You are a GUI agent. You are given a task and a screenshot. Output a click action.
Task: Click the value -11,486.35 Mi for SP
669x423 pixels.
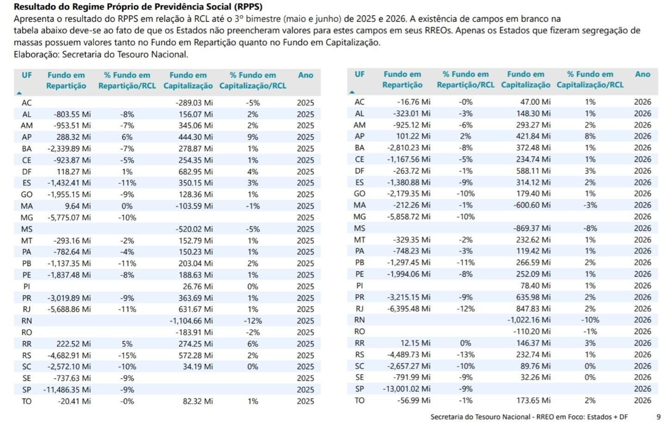(x=67, y=390)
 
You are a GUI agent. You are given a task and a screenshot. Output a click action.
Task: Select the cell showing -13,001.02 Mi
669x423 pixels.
(x=407, y=389)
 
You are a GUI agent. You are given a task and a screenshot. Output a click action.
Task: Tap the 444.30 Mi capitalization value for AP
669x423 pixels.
(x=196, y=137)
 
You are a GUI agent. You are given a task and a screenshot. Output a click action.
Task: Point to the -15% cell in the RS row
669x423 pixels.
(x=127, y=355)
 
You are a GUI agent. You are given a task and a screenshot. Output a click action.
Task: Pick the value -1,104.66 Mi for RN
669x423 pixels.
(x=192, y=321)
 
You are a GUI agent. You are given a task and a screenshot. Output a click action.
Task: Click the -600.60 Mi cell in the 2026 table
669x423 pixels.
(x=532, y=205)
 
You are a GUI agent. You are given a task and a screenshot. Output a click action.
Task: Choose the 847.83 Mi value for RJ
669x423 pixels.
(x=533, y=309)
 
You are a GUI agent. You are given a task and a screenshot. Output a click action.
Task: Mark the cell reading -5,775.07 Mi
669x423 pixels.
(x=69, y=218)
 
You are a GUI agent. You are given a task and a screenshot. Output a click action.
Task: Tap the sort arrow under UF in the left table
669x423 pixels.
(x=19, y=93)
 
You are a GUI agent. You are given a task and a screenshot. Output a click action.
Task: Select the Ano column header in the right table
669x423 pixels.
(x=643, y=74)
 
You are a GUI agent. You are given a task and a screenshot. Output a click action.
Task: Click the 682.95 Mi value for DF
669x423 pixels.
(x=196, y=172)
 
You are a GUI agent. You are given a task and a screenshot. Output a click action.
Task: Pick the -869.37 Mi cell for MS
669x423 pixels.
(x=532, y=228)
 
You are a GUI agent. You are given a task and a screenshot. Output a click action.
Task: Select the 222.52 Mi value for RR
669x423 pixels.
(x=74, y=344)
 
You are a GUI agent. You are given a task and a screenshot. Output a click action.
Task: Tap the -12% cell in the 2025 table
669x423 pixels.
(x=253, y=321)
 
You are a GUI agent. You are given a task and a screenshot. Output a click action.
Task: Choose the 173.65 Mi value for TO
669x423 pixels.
(x=533, y=400)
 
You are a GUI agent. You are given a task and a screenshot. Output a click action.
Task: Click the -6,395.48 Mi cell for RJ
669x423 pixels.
(x=409, y=309)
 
